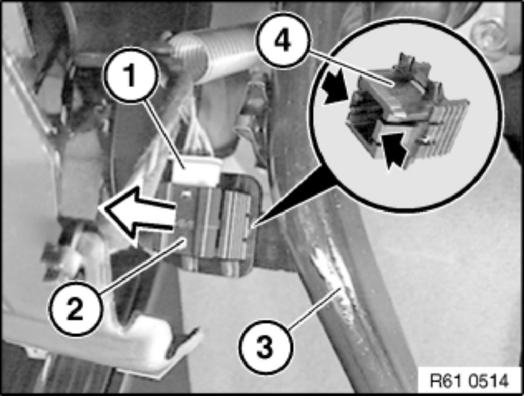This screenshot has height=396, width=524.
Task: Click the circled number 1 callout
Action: (x=131, y=76)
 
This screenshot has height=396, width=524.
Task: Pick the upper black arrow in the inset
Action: (x=336, y=88)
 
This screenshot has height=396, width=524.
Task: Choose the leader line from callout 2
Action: (x=143, y=263)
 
